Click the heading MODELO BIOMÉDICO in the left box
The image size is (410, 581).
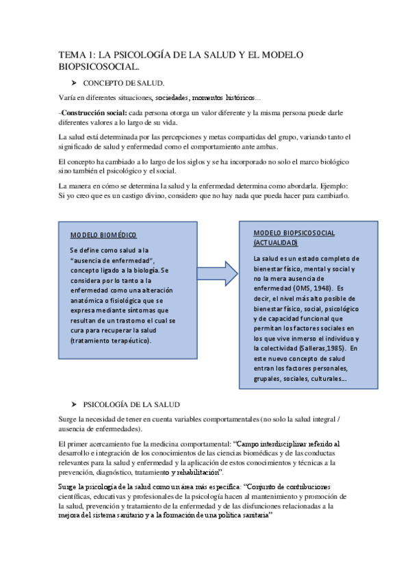click(x=103, y=236)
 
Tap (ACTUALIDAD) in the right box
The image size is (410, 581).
click(x=276, y=243)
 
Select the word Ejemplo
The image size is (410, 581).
click(x=330, y=186)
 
